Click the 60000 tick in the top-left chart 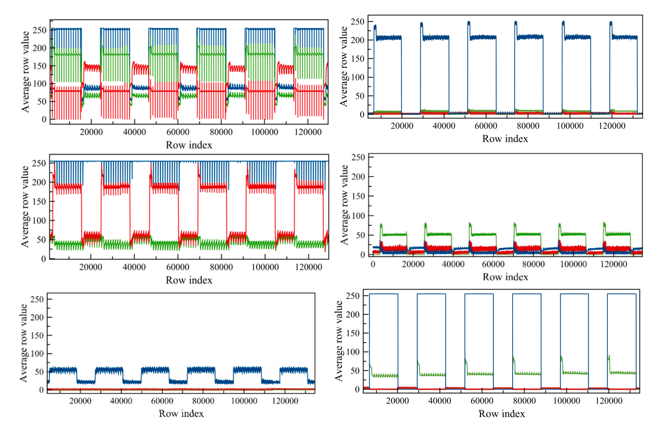tap(178, 132)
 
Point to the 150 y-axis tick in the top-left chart tap(40, 66)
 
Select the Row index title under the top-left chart tap(189, 145)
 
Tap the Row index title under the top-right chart tap(505, 139)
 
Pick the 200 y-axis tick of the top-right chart tap(357, 40)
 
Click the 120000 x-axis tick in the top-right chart tap(612, 126)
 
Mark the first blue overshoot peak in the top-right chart tap(375, 26)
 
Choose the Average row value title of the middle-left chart tap(25, 207)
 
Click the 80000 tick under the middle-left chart tap(221, 267)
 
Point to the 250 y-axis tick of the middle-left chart tap(39, 163)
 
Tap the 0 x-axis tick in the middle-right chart tap(373, 264)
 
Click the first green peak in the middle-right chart tap(381, 224)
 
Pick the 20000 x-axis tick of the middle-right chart tap(413, 264)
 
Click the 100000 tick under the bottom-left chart tap(244, 401)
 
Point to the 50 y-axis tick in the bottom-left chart tap(39, 372)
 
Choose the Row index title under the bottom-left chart tap(181, 413)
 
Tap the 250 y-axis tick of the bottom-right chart tap(353, 296)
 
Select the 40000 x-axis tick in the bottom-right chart tap(439, 401)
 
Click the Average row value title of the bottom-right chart tap(339, 341)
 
